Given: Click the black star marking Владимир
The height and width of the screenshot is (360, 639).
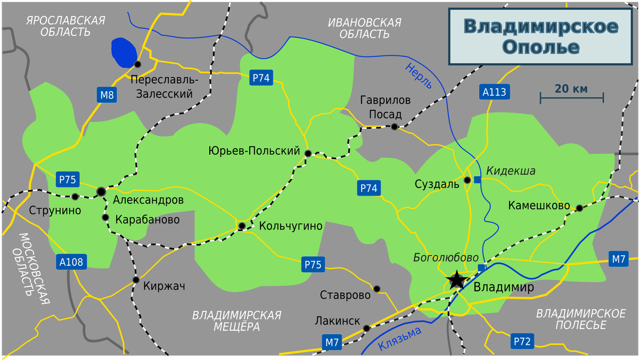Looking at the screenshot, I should coord(456,280).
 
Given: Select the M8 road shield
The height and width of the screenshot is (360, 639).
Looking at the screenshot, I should coord(107,95).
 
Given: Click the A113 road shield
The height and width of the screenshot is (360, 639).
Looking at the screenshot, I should coord(494,92).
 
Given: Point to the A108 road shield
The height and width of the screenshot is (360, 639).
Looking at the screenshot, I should coord(71,261).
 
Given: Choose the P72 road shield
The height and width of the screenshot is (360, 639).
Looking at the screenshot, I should coord(522,341).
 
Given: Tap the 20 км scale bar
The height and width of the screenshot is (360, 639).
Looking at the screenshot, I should coord(571,97).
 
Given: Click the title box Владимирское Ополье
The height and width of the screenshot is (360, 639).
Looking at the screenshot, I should coord(540,37).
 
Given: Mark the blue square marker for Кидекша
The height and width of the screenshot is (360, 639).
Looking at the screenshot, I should coord(478,179).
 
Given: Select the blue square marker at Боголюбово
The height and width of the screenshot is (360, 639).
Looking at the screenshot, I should coord(481,267).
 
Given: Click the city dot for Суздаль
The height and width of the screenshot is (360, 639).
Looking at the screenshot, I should coord(468,180).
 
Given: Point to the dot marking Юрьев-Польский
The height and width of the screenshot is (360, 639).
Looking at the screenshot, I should coord(308,153).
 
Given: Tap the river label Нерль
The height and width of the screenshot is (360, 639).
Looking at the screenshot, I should coord(418,76).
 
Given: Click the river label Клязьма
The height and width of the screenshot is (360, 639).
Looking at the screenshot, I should coord(399,339).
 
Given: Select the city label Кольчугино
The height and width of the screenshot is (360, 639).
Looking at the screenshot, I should coord(291,226).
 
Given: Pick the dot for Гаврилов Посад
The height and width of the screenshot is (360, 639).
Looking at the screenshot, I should coord(394,127).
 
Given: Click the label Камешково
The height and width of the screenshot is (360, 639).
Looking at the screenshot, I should coord(539,206).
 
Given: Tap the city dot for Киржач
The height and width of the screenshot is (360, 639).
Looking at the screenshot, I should coord(136,280).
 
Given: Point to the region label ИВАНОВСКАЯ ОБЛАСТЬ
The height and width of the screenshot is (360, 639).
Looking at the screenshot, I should coord(365,28).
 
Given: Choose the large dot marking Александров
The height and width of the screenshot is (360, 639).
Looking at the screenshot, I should coord(101,191).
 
